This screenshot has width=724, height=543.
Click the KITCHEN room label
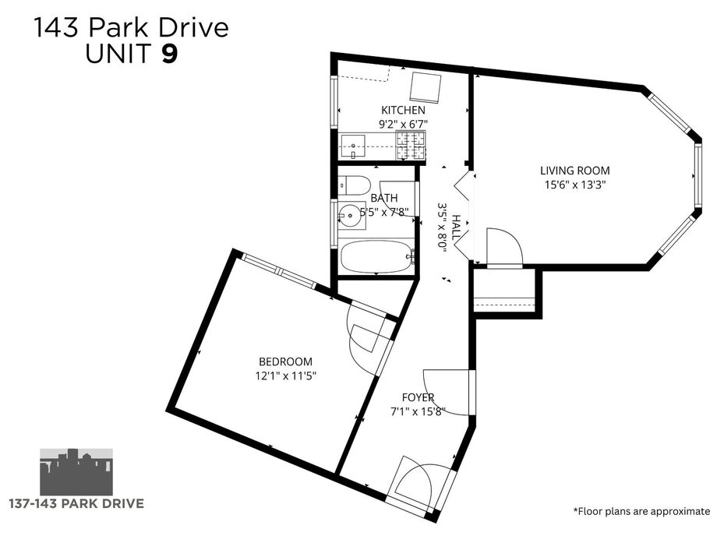403,111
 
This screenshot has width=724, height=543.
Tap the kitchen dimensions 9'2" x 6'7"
403,124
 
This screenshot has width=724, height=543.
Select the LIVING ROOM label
575,171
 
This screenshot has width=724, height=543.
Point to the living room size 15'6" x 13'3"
575,185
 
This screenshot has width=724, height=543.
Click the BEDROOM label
285,361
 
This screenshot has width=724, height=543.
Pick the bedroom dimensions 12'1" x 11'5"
285,376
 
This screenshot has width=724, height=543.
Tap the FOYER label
418,397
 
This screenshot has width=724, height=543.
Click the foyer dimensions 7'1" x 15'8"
418,411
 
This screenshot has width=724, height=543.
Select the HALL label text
456,227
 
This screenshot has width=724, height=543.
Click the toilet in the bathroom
355,185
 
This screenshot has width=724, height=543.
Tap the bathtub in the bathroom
376,257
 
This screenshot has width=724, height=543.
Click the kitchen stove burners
411,146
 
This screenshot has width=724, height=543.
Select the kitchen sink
353,146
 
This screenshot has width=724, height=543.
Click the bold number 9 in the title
169,53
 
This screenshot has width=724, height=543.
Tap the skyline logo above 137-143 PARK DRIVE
76,471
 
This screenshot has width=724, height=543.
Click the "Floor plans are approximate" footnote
641,511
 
